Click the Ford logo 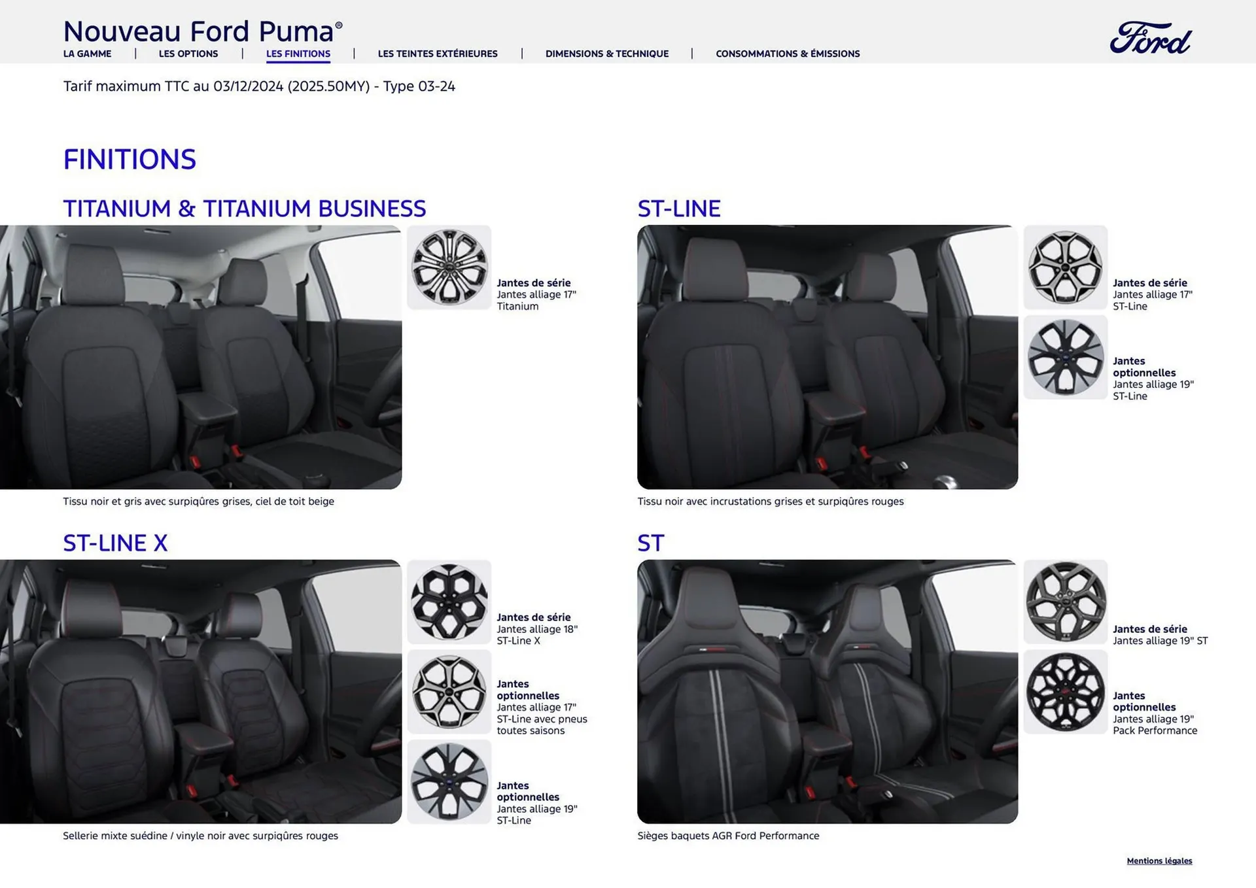1151,38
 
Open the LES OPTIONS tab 188,54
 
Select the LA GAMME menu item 87,54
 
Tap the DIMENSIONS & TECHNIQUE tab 606,54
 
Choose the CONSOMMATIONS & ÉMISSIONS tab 787,54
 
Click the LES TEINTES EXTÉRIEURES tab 437,54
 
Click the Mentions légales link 1159,861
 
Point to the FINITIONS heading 130,160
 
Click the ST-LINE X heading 115,543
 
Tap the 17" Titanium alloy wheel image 449,267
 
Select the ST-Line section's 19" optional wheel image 1065,357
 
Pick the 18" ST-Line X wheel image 449,602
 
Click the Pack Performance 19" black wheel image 1065,692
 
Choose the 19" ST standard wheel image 1065,602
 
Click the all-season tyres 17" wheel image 449,692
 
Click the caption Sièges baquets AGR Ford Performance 727,836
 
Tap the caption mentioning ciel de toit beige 198,502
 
